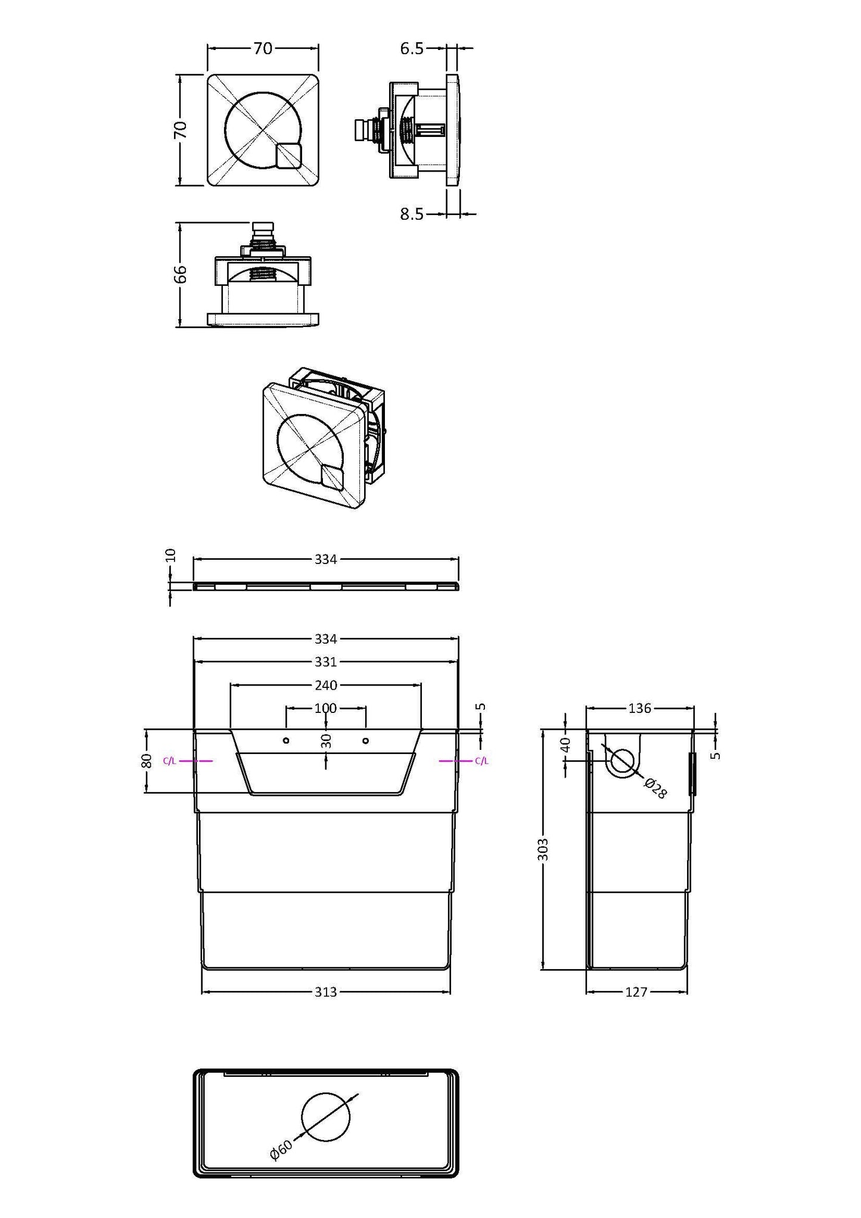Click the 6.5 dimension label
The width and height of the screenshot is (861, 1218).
pos(411,49)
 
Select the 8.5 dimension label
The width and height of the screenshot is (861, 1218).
pos(411,214)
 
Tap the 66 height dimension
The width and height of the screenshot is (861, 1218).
pos(181,274)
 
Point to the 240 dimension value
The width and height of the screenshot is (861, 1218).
pos(326,685)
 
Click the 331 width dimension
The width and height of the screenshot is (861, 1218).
pos(326,662)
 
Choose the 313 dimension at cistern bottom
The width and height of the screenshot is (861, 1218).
pos(326,992)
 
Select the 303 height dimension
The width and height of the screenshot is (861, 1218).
pos(543,849)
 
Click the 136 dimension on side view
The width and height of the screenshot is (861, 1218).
pos(640,708)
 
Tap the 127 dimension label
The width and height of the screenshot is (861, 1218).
pos(636,992)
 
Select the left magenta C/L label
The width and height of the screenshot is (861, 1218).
pos(169,761)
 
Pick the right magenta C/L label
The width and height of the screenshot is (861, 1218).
pos(482,761)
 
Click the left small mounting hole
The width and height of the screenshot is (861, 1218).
pos(286,740)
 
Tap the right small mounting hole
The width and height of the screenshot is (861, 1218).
pos(365,740)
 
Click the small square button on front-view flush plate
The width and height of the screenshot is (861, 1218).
pos(289,156)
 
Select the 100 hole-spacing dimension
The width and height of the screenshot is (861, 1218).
pos(326,708)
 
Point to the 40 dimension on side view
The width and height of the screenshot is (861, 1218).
pos(565,744)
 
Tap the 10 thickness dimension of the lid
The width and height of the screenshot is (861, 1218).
pos(171,556)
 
